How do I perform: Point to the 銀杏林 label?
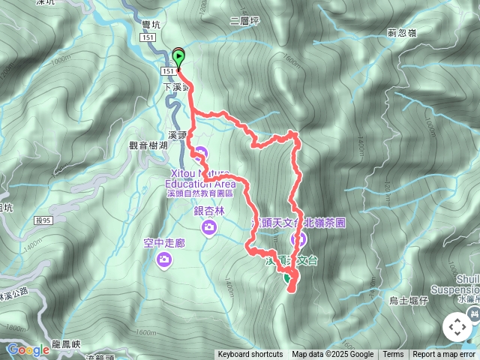pos(209,211)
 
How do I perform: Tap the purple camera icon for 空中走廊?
pos(164,259)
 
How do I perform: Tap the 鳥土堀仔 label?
pos(409,301)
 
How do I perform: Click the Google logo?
pos(28,349)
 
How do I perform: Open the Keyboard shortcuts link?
pos(250,355)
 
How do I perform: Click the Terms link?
pos(393,355)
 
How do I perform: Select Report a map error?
pos(444,355)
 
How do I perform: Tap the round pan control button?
pos(457,328)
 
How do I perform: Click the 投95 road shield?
pos(43,220)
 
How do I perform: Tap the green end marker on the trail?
pos(287,277)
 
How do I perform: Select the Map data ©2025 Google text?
pos(333,355)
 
